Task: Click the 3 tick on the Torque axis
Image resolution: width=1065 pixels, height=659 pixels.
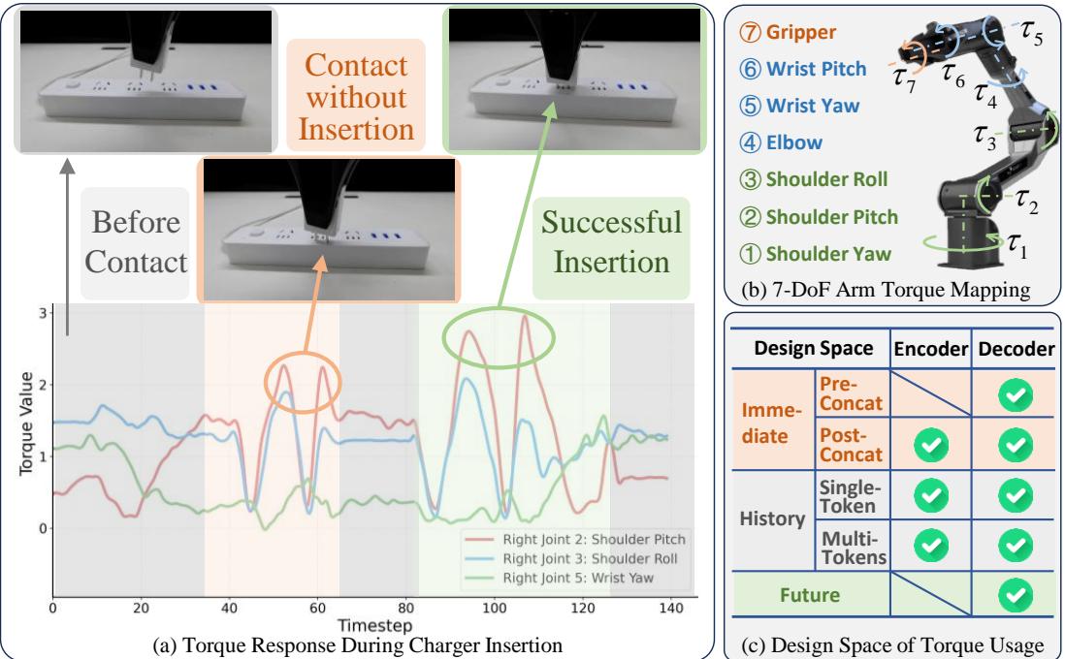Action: (43, 311)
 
